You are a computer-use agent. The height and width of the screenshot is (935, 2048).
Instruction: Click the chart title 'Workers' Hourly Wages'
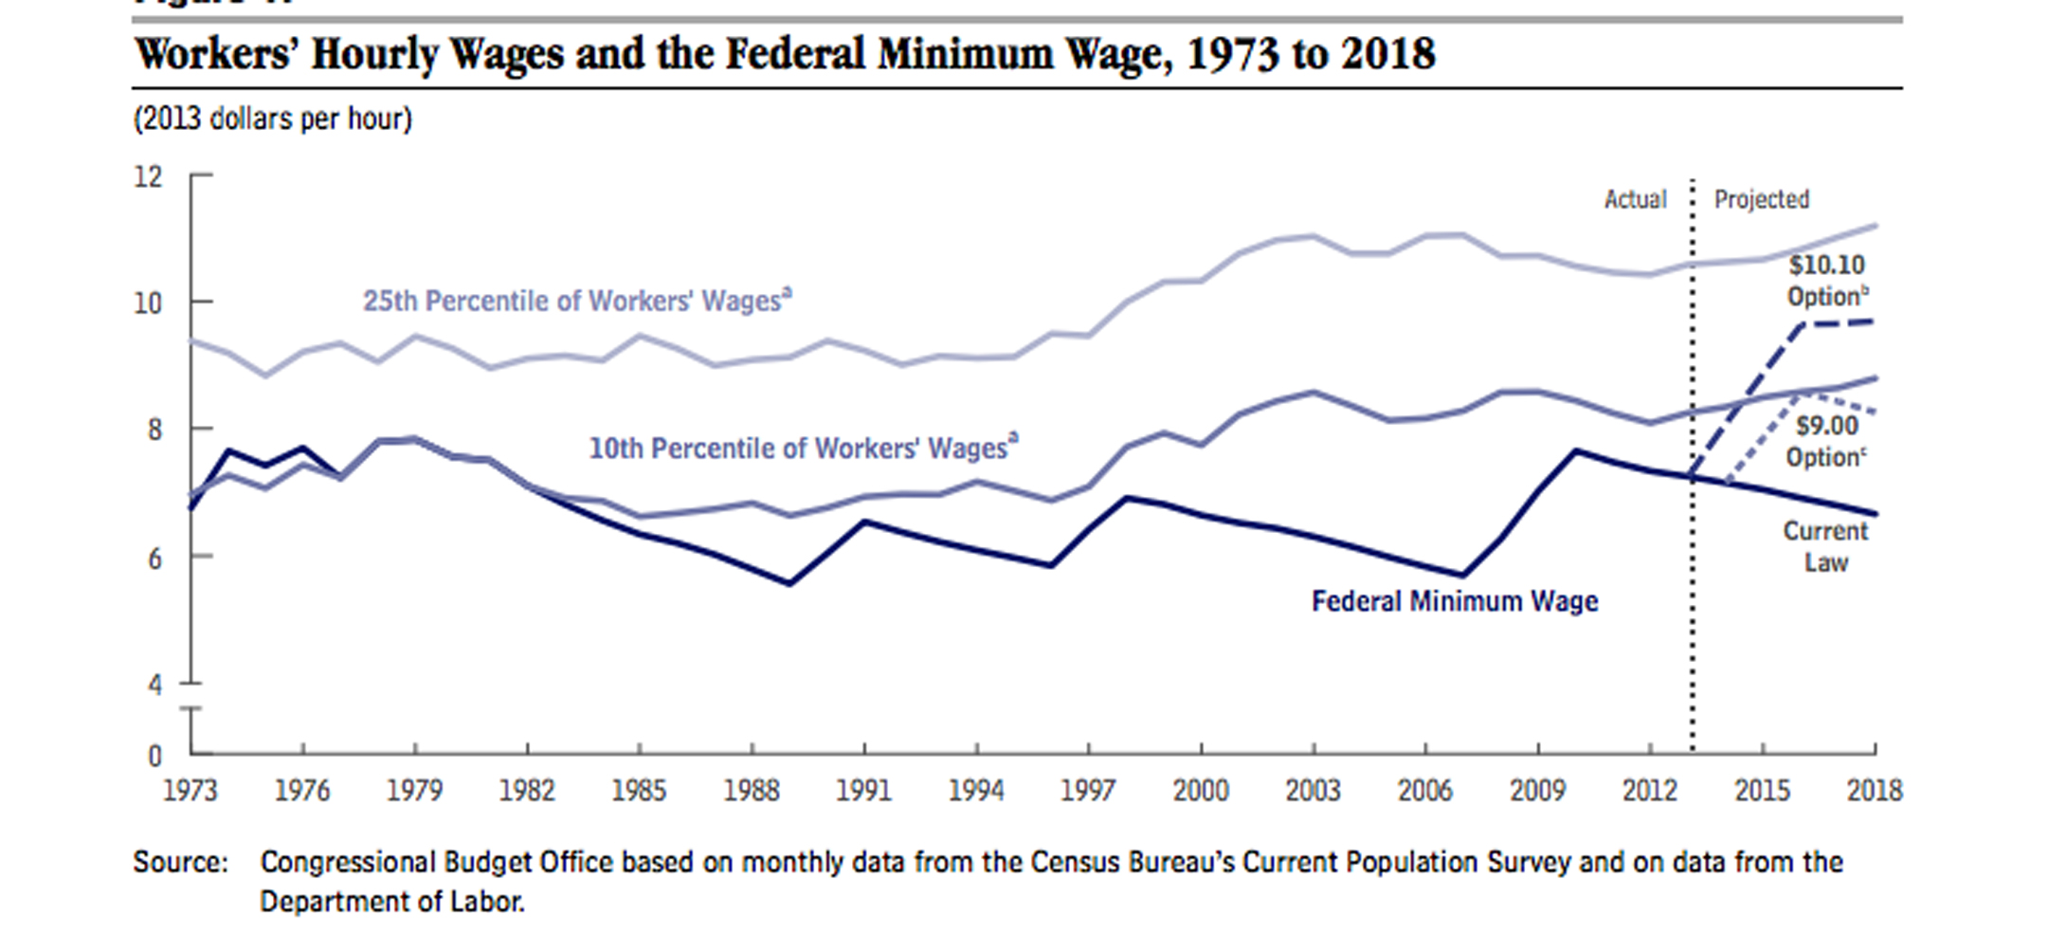pyautogui.click(x=785, y=54)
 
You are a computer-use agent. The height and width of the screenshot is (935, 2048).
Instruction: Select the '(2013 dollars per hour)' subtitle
pyautogui.click(x=273, y=119)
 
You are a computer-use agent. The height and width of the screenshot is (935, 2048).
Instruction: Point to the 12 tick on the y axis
pyautogui.click(x=149, y=176)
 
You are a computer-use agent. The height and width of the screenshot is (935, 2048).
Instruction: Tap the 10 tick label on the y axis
pyautogui.click(x=149, y=303)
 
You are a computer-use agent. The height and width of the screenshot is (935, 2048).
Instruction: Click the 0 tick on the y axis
pyautogui.click(x=154, y=756)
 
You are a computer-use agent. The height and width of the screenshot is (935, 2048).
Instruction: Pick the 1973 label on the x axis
pyautogui.click(x=190, y=790)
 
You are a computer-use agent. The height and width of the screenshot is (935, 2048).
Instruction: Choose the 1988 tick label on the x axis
pyautogui.click(x=752, y=790)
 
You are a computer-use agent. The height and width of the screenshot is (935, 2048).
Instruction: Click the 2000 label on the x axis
pyautogui.click(x=1201, y=790)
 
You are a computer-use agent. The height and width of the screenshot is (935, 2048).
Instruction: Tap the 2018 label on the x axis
pyautogui.click(x=1875, y=790)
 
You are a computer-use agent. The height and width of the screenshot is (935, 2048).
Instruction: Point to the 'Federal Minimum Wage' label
pyautogui.click(x=1455, y=601)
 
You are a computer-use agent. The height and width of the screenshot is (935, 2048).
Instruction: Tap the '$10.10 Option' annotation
pyautogui.click(x=1826, y=281)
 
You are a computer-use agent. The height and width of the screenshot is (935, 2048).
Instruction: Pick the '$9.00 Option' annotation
pyautogui.click(x=1826, y=442)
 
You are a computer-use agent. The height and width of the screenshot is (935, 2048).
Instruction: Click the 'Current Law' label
pyautogui.click(x=1825, y=546)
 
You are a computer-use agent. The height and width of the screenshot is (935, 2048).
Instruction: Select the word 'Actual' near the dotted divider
pyautogui.click(x=1635, y=199)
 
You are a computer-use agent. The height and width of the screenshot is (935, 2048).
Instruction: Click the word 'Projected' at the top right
pyautogui.click(x=1762, y=199)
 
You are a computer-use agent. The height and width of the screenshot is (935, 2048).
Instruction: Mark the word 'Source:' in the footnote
pyautogui.click(x=180, y=862)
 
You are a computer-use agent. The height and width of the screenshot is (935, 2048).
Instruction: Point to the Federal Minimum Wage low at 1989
pyautogui.click(x=789, y=583)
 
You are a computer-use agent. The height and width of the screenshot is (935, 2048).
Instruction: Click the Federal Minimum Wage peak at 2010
pyautogui.click(x=1575, y=450)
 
